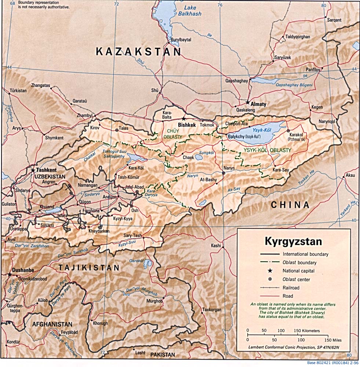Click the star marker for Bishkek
tap(184, 119)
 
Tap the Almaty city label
tap(258, 104)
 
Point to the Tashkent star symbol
tap(33, 170)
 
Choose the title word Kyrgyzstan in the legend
tap(293, 242)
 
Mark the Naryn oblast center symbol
tap(223, 173)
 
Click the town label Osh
tap(135, 211)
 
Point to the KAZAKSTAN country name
tap(138, 52)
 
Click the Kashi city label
tap(216, 245)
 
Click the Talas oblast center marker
tap(117, 130)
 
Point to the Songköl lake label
tap(206, 152)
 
